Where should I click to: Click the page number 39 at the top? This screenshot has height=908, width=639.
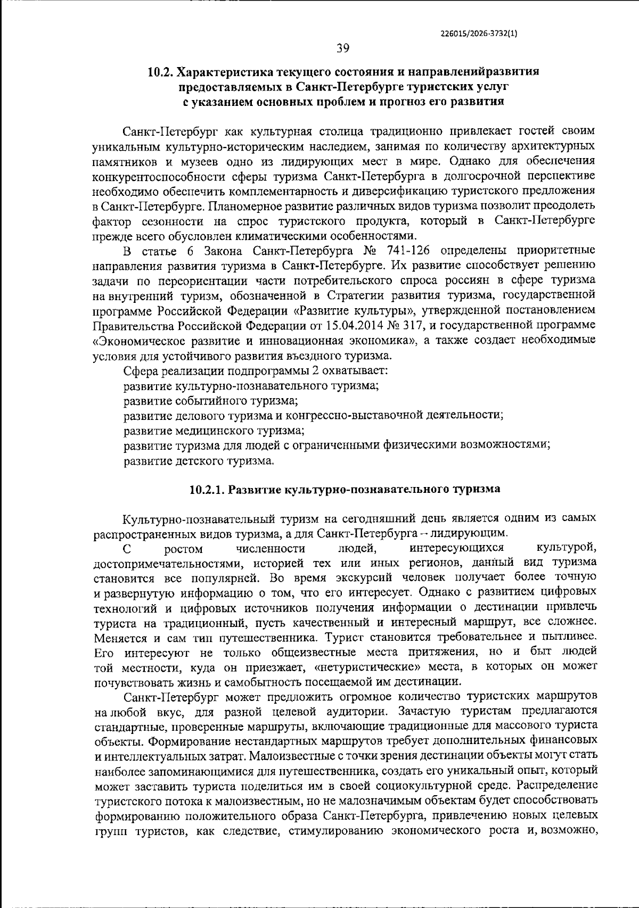point(342,48)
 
